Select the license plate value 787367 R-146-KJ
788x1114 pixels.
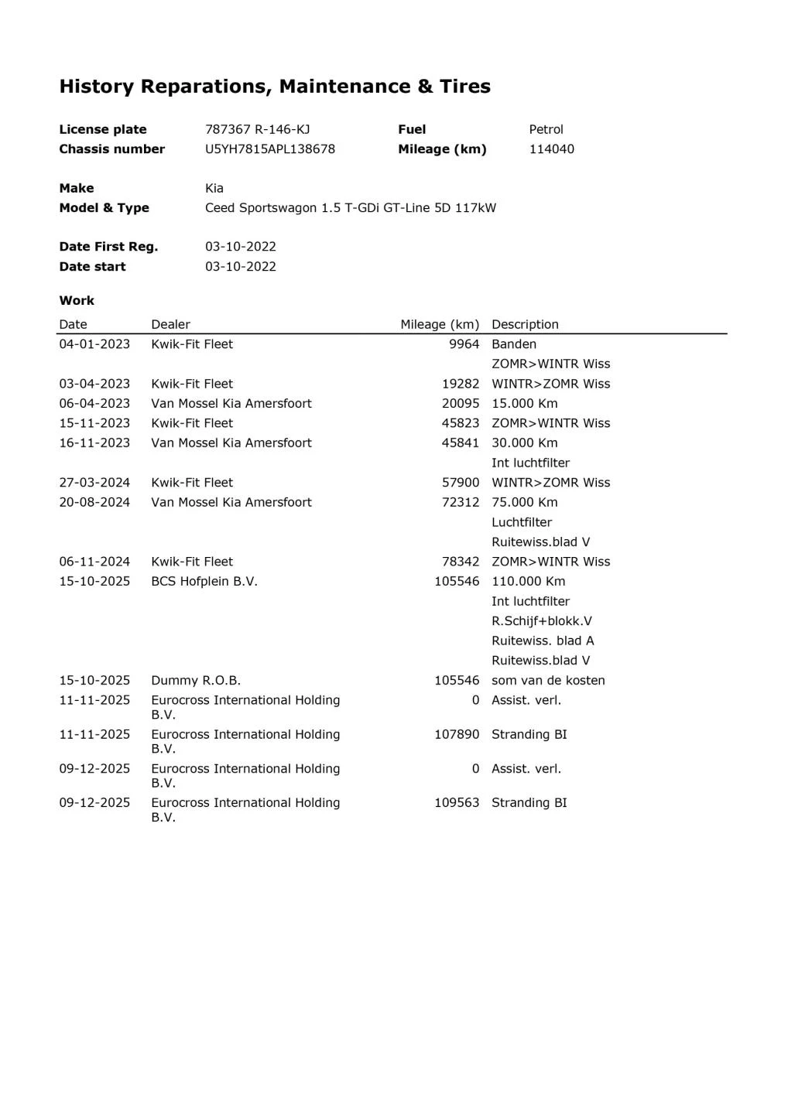(257, 129)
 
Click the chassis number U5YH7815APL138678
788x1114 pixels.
(269, 149)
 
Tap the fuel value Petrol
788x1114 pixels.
(546, 129)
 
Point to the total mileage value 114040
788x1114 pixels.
(551, 149)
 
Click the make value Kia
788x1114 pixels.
(214, 188)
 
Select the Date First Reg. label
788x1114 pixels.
(108, 246)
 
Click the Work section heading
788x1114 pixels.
(77, 300)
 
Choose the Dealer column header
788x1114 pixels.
(170, 324)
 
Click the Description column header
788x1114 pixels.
(525, 324)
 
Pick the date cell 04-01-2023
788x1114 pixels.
(94, 344)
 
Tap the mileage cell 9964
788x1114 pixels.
(464, 344)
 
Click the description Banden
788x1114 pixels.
(514, 344)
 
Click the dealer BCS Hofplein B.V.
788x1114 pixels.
(204, 581)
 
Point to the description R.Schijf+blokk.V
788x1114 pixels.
(542, 620)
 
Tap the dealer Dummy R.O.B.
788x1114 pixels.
(196, 680)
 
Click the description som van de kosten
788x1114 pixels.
(548, 680)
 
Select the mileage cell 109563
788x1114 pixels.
(457, 802)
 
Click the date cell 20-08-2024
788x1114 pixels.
(94, 502)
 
